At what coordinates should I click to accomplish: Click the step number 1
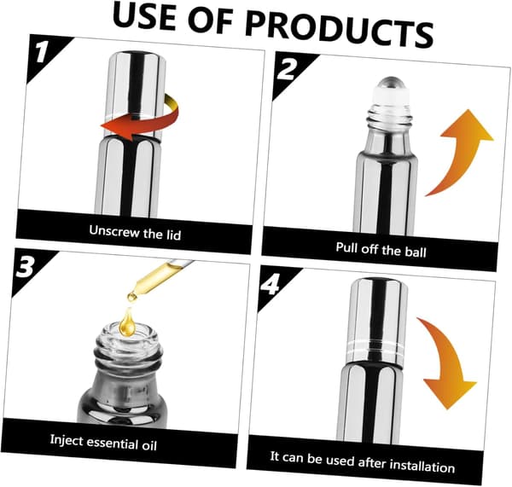pyautogui.click(x=42, y=51)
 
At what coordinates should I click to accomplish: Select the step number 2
pyautogui.click(x=287, y=69)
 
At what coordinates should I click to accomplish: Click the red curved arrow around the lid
pyautogui.click(x=143, y=119)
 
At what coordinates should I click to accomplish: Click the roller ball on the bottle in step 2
pyautogui.click(x=388, y=83)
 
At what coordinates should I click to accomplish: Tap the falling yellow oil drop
pyautogui.click(x=127, y=322)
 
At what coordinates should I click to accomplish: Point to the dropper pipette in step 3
pyautogui.click(x=159, y=278)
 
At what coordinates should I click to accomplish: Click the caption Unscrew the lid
pyautogui.click(x=135, y=232)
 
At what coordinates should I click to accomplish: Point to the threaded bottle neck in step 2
pyautogui.click(x=388, y=116)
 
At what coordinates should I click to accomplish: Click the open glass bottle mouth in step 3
pyautogui.click(x=128, y=337)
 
